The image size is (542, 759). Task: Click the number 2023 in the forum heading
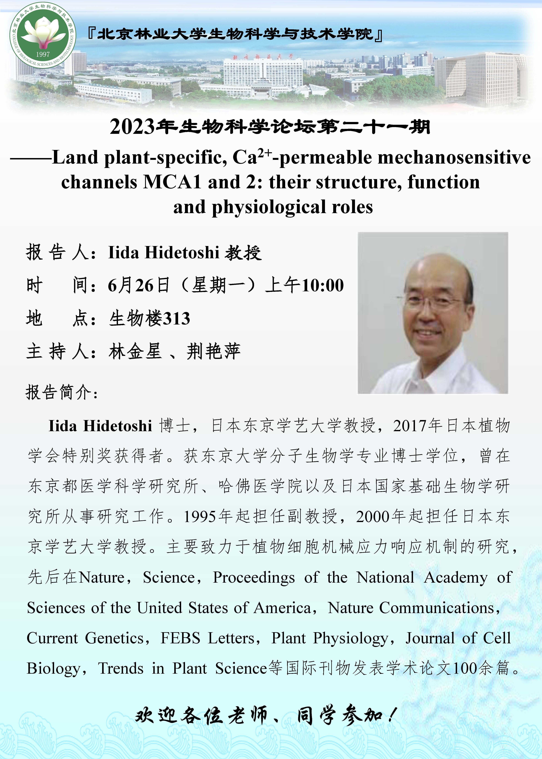[133, 127]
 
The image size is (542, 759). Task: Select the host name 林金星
[135, 351]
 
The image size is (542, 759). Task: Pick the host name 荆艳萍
[214, 351]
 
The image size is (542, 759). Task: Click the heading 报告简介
[62, 392]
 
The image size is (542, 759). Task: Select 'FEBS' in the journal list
[180, 638]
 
